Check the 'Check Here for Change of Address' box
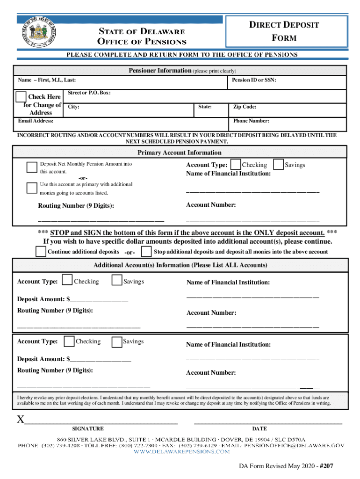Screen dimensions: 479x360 click(x=21, y=97)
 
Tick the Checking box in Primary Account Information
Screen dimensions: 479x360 click(x=236, y=164)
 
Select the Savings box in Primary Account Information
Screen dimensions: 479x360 click(x=278, y=164)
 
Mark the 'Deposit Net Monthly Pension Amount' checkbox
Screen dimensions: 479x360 click(x=32, y=167)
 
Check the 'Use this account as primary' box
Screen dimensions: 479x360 click(x=32, y=188)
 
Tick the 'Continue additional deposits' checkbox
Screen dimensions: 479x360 click(x=41, y=252)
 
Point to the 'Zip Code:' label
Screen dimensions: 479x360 click(x=245, y=107)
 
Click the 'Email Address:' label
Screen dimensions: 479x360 click(x=36, y=121)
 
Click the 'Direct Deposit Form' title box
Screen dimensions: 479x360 click(x=287, y=31)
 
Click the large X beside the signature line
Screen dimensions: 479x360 click(x=21, y=420)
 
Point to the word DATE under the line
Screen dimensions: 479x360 click(x=259, y=428)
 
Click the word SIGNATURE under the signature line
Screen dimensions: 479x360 click(x=88, y=428)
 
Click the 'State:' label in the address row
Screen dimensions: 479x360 click(x=205, y=107)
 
